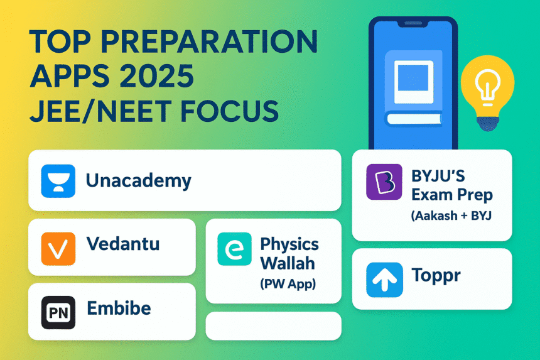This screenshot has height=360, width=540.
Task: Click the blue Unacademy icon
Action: tap(58, 181)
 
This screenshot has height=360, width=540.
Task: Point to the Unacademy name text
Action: tap(138, 181)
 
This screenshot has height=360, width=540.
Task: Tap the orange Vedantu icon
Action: tap(58, 248)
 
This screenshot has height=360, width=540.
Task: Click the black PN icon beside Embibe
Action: tap(58, 312)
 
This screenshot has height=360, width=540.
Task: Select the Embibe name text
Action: tap(119, 310)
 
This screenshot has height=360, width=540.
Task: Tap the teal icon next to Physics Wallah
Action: tap(234, 249)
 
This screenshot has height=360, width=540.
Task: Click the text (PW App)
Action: tap(288, 283)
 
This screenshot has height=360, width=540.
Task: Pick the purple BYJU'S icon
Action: tap(384, 182)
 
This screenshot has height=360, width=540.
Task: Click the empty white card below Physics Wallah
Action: tap(273, 326)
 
